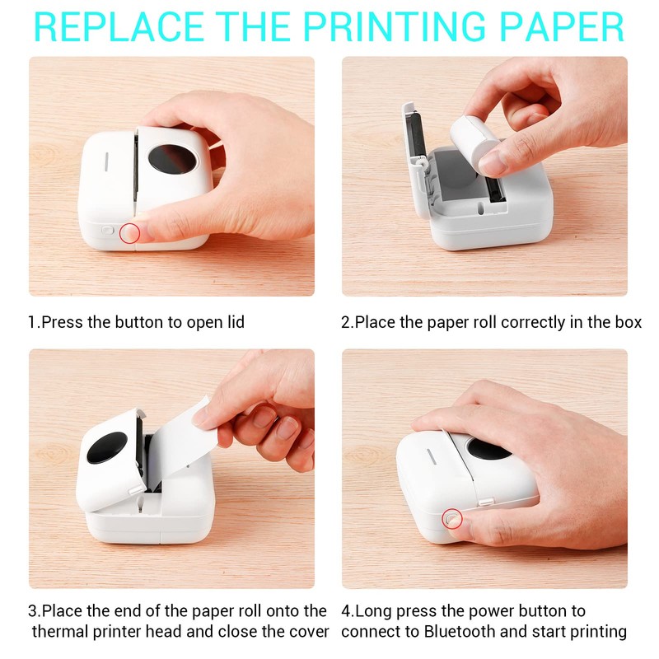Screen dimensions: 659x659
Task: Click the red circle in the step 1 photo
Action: [x=129, y=233]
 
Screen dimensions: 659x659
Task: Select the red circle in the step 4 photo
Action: [x=452, y=518]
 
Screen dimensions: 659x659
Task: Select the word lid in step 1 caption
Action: [x=234, y=322]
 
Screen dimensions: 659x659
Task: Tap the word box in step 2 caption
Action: [x=627, y=322]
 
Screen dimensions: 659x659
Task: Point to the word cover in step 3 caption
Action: [x=306, y=633]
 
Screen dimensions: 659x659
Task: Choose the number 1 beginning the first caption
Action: [x=32, y=322]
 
